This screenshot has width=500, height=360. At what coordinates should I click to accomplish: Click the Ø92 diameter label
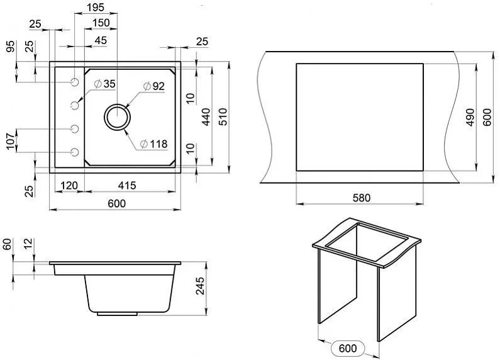(153, 86)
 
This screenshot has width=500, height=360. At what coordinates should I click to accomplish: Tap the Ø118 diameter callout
(153, 144)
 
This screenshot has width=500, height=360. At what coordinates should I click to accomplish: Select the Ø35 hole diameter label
(105, 84)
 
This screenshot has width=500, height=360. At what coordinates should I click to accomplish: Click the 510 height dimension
(223, 117)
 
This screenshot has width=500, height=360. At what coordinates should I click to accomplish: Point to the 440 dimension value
(206, 117)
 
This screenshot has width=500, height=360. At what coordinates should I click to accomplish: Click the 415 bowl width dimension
(127, 186)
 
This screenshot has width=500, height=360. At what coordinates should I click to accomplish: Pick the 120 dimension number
(69, 186)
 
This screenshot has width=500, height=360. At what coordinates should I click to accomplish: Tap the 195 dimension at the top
(96, 8)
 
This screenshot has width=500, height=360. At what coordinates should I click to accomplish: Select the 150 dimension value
(101, 23)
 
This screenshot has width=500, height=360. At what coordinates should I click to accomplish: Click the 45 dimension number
(101, 40)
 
